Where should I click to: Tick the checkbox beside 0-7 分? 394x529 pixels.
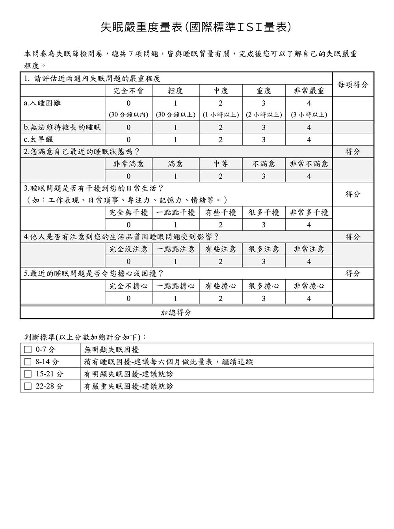[28, 349]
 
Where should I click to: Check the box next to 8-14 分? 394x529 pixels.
[28, 361]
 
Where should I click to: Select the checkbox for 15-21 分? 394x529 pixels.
[28, 374]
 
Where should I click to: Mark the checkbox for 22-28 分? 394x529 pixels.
[28, 386]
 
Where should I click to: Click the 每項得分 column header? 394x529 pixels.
[353, 85]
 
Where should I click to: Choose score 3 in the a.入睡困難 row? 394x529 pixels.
[264, 103]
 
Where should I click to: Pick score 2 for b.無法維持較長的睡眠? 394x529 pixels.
[221, 127]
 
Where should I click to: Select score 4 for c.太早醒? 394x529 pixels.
[309, 140]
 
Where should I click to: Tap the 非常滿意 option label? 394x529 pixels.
[128, 164]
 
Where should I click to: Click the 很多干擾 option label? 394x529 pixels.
[264, 213]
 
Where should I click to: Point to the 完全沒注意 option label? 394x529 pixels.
[128, 249]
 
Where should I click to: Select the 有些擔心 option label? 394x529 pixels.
[221, 286]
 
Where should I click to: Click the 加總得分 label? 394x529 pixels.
[176, 313]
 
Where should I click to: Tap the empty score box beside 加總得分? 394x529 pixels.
[353, 313]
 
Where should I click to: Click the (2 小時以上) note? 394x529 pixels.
[264, 115]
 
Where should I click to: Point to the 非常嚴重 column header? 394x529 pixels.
[309, 91]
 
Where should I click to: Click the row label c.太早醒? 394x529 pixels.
[39, 140]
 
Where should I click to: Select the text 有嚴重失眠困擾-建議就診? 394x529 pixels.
[129, 386]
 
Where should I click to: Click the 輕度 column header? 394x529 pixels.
[175, 91]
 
